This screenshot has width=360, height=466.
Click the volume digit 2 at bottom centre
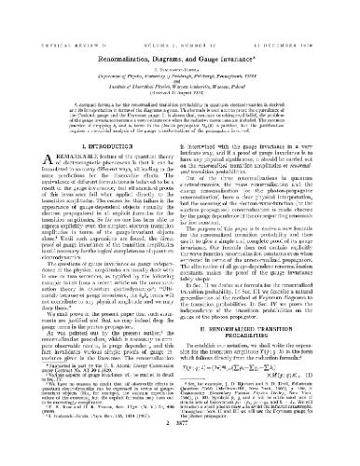tap(180, 449)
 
